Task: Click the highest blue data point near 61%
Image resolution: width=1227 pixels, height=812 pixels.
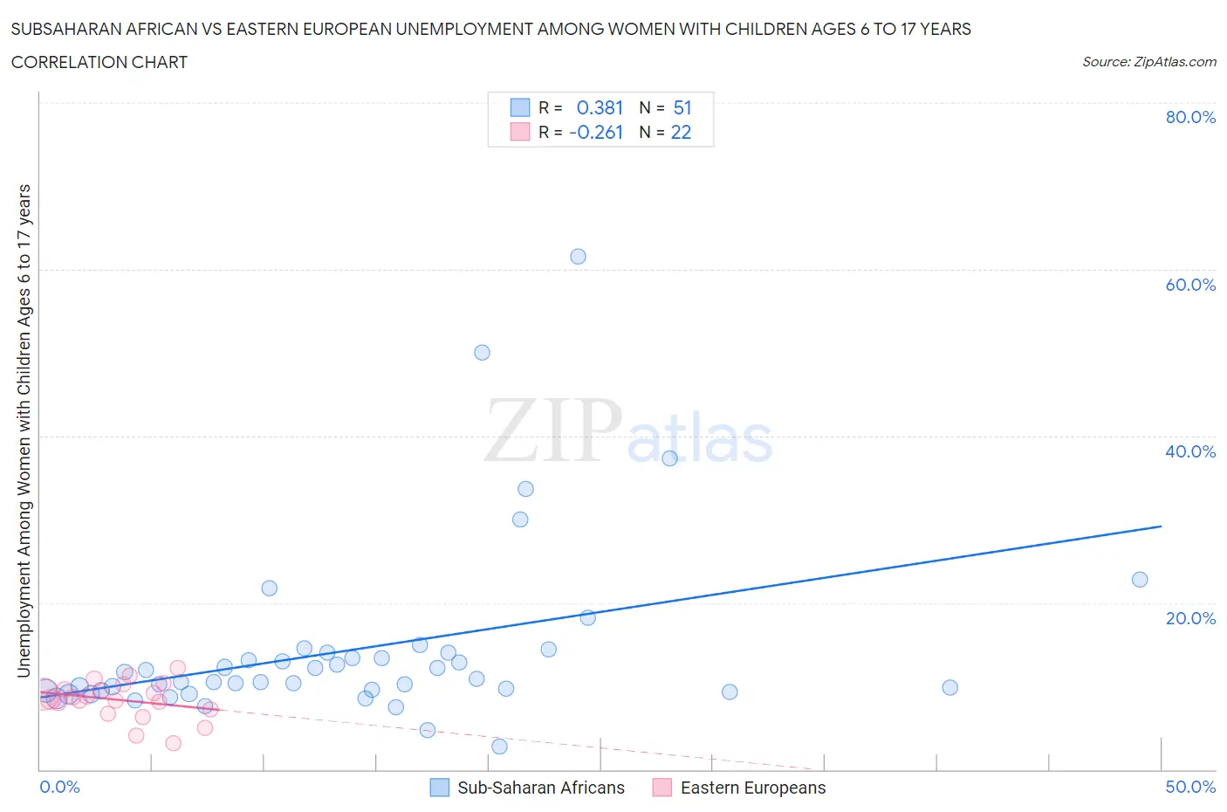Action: coord(578,257)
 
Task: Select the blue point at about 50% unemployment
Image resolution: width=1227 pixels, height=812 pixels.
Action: coord(482,353)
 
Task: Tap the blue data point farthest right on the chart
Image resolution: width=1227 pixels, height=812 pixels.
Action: coord(1139,580)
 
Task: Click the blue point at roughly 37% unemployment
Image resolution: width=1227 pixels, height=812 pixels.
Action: coord(669,458)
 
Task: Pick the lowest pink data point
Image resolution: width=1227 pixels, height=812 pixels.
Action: coord(173,743)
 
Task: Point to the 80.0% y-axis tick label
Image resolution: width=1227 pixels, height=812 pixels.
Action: coord(1190,118)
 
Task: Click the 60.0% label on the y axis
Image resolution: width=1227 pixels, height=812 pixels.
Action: coord(1190,285)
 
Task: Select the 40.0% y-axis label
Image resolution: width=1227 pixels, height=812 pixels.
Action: coord(1190,451)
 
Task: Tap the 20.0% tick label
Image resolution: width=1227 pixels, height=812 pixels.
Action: coord(1190,618)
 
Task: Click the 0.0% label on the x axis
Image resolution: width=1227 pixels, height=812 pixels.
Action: coord(59,787)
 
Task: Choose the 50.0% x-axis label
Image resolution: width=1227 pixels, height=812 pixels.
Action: coord(1190,787)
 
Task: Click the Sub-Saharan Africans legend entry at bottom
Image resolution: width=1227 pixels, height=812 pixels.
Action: coord(541,788)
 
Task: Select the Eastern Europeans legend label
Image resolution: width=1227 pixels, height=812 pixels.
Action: coord(752,788)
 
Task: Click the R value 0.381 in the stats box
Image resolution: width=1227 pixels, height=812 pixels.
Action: coord(600,107)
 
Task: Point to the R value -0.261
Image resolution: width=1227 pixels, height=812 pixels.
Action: coord(596,132)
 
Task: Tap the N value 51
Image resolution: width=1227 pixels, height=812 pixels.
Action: coord(682,107)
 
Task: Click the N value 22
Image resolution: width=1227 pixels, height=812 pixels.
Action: coord(681,132)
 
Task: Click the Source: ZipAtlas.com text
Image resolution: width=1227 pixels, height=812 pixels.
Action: coord(1148,61)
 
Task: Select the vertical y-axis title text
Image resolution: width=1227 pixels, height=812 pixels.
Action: coord(24,430)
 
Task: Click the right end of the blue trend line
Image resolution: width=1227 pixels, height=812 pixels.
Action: coord(1161,526)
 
